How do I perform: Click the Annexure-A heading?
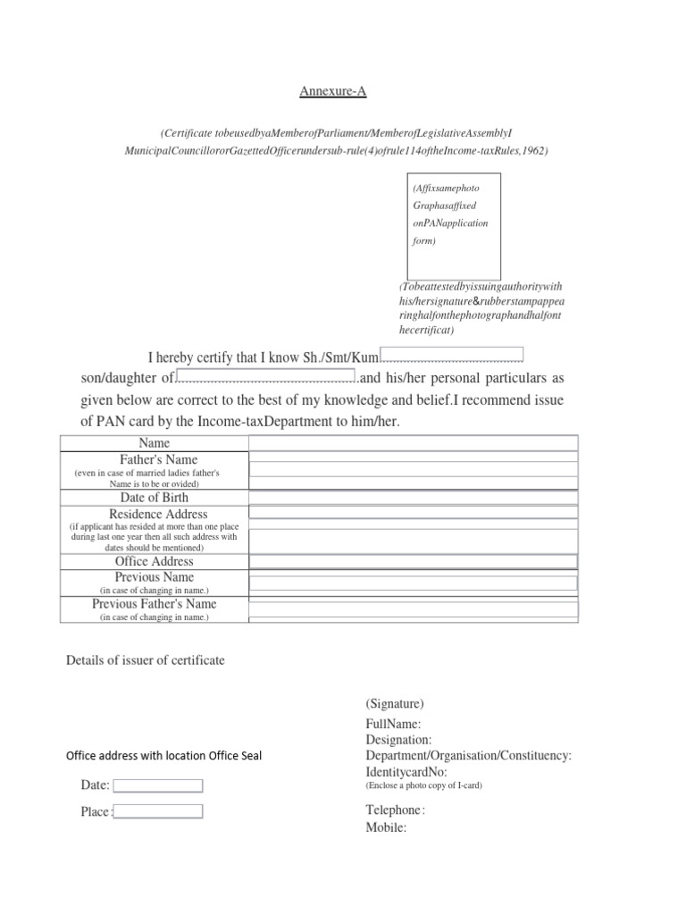click(x=332, y=91)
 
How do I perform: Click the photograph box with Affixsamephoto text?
click(x=454, y=225)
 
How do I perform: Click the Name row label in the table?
click(x=154, y=443)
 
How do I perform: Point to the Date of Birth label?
click(x=154, y=498)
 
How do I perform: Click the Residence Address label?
click(x=154, y=515)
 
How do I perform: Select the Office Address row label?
click(x=154, y=561)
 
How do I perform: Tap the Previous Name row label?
click(x=154, y=577)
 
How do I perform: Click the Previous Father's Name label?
click(x=154, y=604)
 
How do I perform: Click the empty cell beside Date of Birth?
click(x=413, y=498)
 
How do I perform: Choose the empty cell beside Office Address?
click(x=413, y=561)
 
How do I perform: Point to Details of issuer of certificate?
click(x=146, y=660)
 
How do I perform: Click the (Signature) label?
click(x=395, y=704)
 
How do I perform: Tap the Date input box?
click(x=158, y=785)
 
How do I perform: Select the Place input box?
click(x=158, y=812)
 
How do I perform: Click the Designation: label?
click(x=398, y=740)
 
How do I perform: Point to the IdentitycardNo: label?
click(x=406, y=772)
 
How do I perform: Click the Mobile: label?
click(x=386, y=827)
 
